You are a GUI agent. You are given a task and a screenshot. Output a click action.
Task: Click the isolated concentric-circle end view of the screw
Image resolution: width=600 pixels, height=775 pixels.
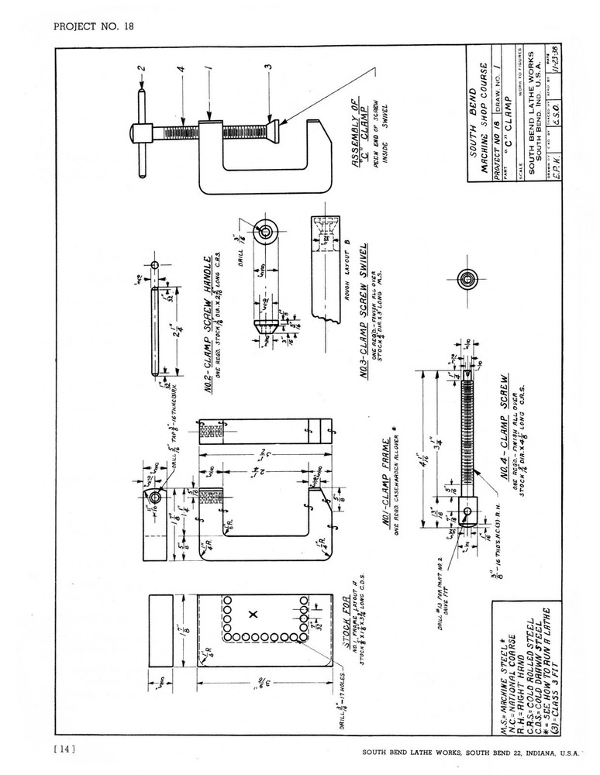[x=467, y=280]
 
